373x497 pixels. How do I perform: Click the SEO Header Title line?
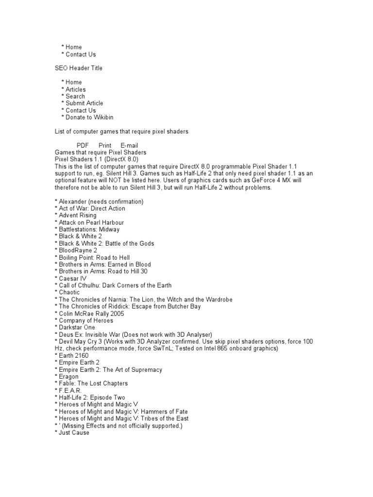[78, 68]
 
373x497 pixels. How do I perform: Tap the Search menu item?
[75, 96]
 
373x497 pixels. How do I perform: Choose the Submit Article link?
[84, 103]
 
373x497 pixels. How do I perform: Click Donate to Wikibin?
[89, 117]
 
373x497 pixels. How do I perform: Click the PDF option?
[83, 145]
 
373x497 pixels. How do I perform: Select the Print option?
[105, 145]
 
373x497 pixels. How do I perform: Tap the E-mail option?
[129, 145]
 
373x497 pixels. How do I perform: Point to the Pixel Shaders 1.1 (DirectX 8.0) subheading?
[97, 159]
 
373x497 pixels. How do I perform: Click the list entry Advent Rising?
[77, 215]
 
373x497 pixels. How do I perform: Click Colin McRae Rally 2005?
[90, 314]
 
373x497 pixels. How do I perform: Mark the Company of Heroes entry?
[85, 320]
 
